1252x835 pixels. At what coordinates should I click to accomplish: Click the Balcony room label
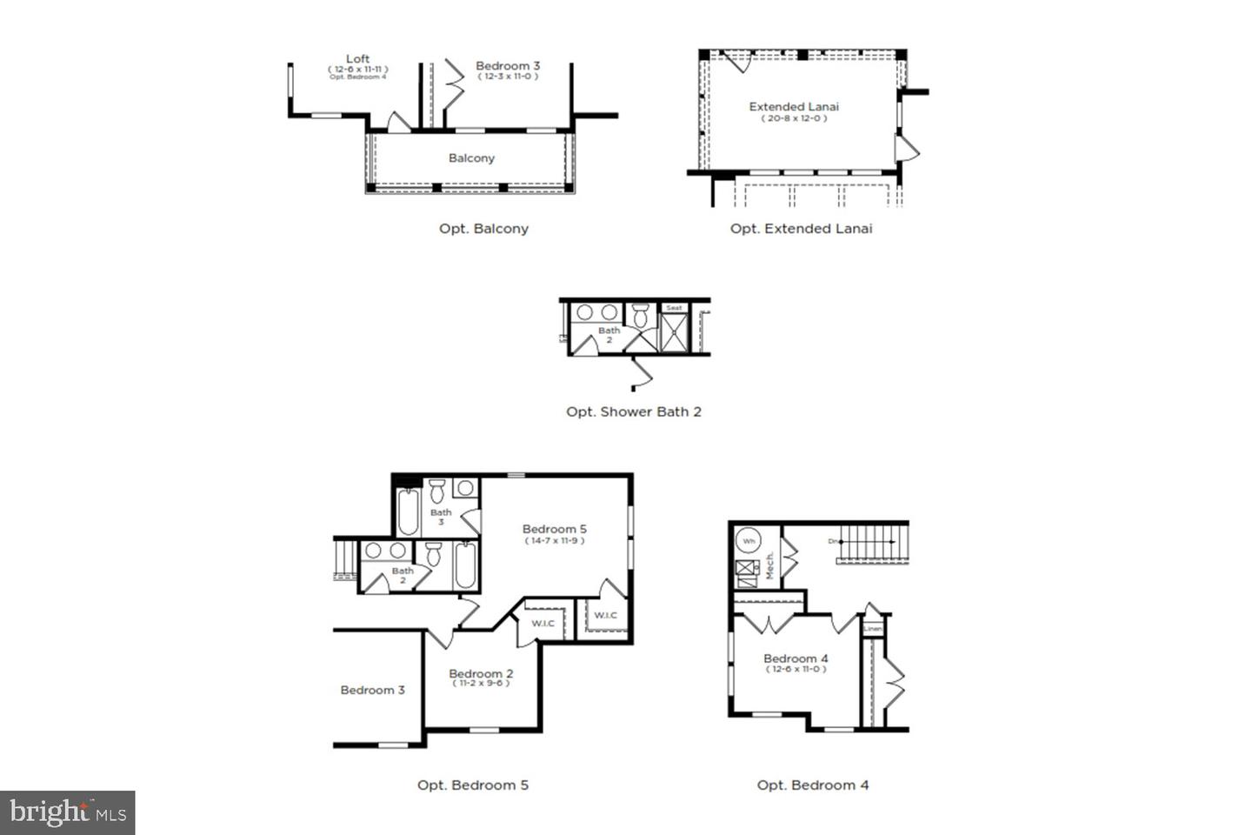tap(471, 158)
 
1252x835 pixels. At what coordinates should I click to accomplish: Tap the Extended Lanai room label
tap(794, 107)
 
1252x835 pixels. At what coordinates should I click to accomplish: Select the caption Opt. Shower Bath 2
tap(633, 411)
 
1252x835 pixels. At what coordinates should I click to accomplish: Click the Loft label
tap(357, 59)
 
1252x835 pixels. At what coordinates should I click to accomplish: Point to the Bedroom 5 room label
tap(554, 529)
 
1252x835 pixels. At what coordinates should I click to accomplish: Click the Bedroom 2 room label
tap(481, 673)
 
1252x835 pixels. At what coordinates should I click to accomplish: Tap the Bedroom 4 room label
tap(796, 658)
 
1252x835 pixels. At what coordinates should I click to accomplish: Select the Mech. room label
tap(769, 565)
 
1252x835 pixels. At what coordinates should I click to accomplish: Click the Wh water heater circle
tap(749, 541)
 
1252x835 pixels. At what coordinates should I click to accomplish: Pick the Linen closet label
tap(873, 628)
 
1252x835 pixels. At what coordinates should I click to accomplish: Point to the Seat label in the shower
tap(674, 308)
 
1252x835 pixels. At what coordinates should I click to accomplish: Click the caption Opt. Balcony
tap(483, 229)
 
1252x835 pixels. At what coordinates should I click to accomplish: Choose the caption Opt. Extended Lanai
tap(801, 229)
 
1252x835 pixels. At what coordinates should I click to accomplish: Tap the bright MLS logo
tap(68, 813)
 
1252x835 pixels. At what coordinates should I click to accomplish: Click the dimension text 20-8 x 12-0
tap(794, 118)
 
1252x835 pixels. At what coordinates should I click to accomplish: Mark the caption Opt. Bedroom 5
tap(472, 785)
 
